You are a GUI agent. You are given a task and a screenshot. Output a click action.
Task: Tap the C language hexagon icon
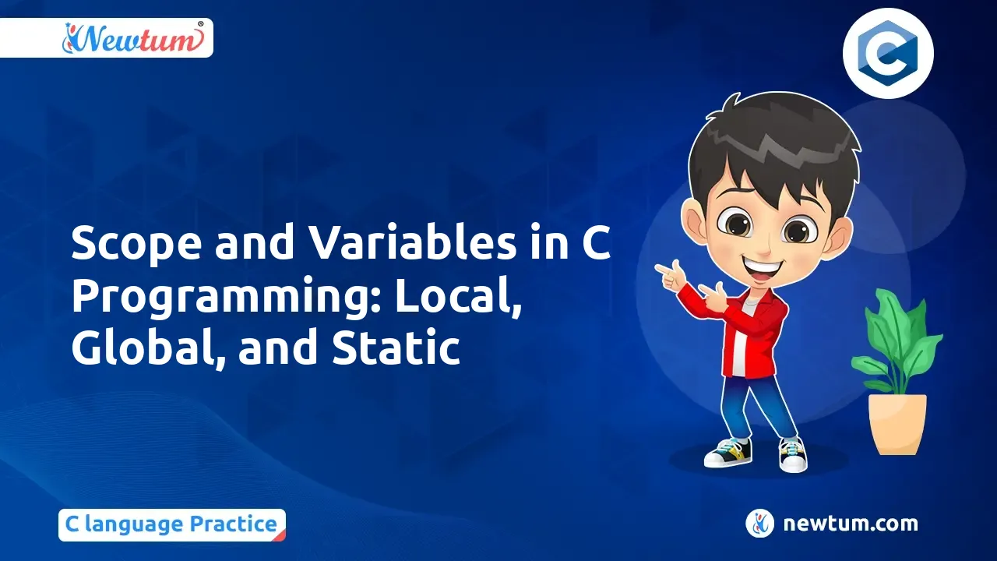click(x=888, y=52)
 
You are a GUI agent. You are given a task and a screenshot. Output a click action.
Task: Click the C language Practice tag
click(x=171, y=524)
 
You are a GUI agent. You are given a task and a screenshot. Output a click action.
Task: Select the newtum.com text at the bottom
click(x=851, y=524)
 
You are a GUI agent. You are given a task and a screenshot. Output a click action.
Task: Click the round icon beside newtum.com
click(x=759, y=524)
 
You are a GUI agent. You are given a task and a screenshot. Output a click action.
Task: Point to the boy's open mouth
click(x=772, y=266)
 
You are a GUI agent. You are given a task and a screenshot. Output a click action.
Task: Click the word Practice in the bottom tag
click(x=233, y=524)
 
